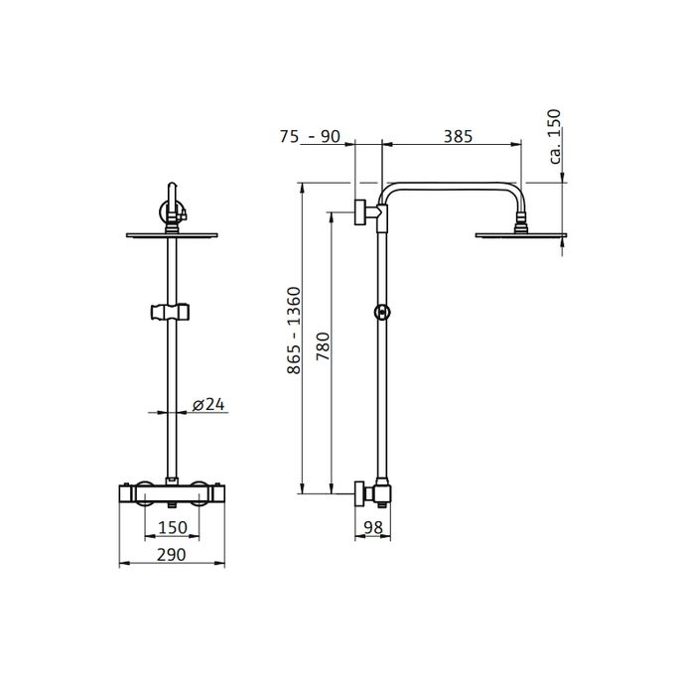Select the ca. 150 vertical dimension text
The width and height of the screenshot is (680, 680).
[x=556, y=135]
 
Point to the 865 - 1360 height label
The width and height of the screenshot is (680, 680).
[x=291, y=333]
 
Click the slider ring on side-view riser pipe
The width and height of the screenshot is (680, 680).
[x=381, y=313]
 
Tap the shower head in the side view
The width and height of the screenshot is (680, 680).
[x=521, y=234]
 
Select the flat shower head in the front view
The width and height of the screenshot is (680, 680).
[x=173, y=235]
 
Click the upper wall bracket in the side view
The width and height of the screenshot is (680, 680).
[x=365, y=211]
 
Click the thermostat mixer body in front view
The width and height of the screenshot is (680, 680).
[x=173, y=492]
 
